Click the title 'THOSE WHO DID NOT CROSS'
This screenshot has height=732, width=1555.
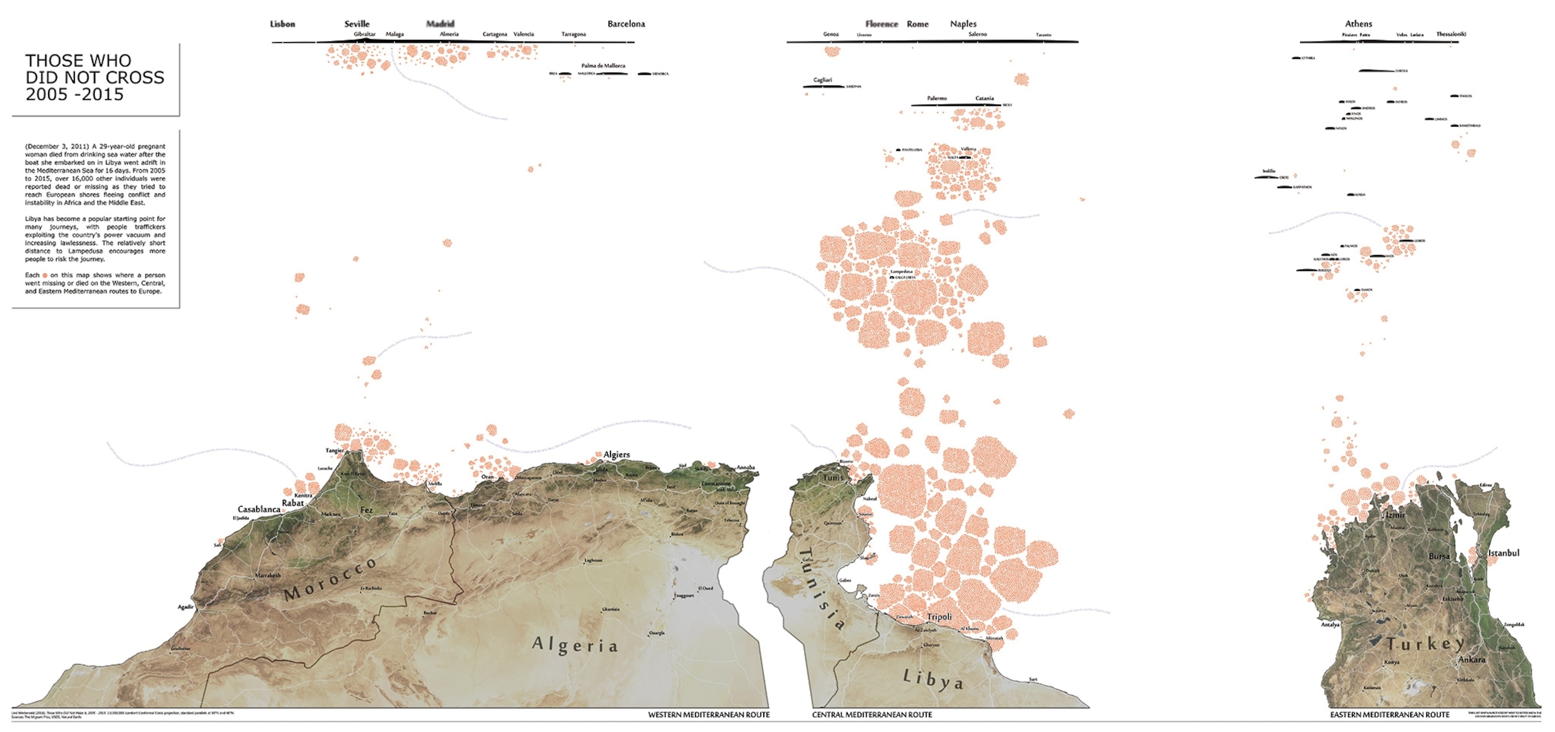pyautogui.click(x=94, y=78)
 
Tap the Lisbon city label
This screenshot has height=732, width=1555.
pyautogui.click(x=282, y=24)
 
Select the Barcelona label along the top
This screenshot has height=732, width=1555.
pyautogui.click(x=626, y=24)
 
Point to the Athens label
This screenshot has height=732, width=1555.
pyautogui.click(x=1358, y=23)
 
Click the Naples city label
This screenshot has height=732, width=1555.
pyautogui.click(x=963, y=24)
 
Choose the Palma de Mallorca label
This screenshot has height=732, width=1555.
pyautogui.click(x=603, y=65)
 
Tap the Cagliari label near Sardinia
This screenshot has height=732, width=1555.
pyautogui.click(x=822, y=80)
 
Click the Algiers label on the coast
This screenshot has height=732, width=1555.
pyautogui.click(x=617, y=454)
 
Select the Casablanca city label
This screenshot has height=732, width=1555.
pyautogui.click(x=259, y=509)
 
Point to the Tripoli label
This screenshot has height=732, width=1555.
pyautogui.click(x=939, y=617)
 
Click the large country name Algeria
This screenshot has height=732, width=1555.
pyautogui.click(x=575, y=645)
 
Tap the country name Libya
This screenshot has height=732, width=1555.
pyautogui.click(x=932, y=679)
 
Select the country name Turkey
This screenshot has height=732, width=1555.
pyautogui.click(x=1424, y=644)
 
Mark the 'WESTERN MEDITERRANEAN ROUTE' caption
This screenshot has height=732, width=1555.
pyautogui.click(x=709, y=714)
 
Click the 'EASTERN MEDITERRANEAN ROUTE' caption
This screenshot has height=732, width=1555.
pyautogui.click(x=1389, y=714)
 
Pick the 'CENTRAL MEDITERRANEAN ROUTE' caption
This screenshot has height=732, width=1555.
pyautogui.click(x=872, y=714)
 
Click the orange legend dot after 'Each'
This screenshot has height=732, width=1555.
pyautogui.click(x=45, y=276)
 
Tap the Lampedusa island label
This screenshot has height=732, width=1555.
pyautogui.click(x=901, y=272)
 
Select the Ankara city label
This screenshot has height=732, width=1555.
pyautogui.click(x=1471, y=660)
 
